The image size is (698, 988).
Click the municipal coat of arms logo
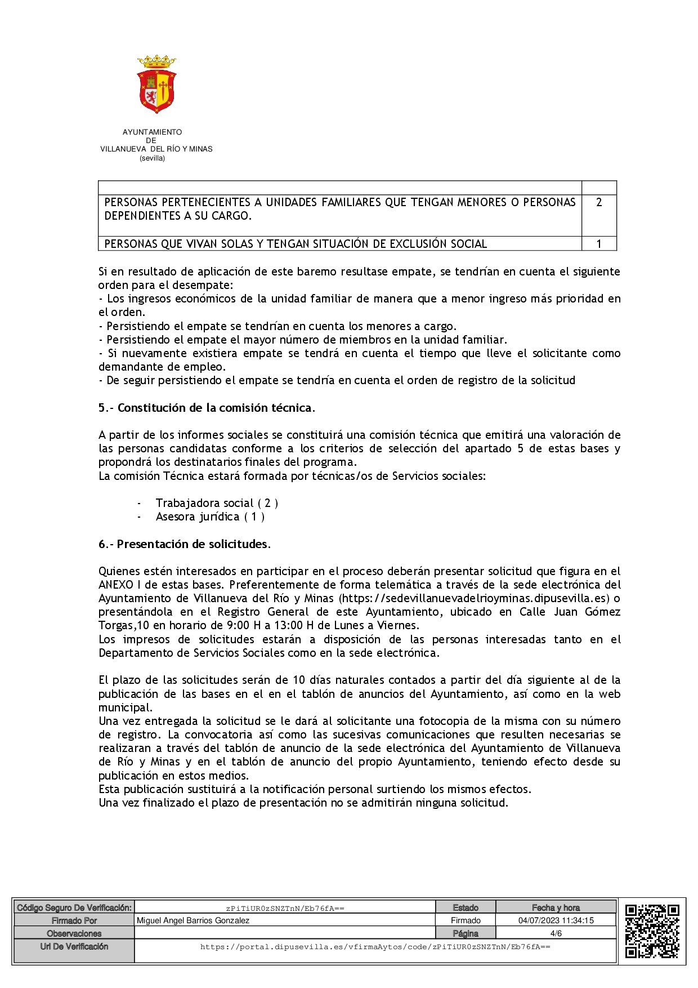pos(156,84)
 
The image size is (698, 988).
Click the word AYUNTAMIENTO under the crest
pos(152,132)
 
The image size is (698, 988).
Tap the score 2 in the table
pos(599,202)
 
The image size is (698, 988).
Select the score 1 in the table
pos(599,244)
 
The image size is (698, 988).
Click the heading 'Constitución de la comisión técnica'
pos(214,408)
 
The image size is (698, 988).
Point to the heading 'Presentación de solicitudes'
pos(192,544)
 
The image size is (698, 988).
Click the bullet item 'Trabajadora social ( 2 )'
pos(217,503)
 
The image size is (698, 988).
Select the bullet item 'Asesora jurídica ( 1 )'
pos(210,517)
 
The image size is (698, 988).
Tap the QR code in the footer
pos(652,931)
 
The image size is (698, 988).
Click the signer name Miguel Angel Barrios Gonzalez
pos(193,920)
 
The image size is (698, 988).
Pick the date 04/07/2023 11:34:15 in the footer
pos(556,920)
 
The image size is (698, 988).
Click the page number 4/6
pos(556,933)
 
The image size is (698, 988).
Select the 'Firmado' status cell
pos(466,920)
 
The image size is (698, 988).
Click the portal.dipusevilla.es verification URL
pos(375,947)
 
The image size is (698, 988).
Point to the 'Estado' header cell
pos(466,907)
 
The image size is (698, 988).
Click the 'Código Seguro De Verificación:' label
pos(74,907)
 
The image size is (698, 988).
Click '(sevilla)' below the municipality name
pos(152,158)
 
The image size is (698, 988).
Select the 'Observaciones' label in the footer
pos(74,933)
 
